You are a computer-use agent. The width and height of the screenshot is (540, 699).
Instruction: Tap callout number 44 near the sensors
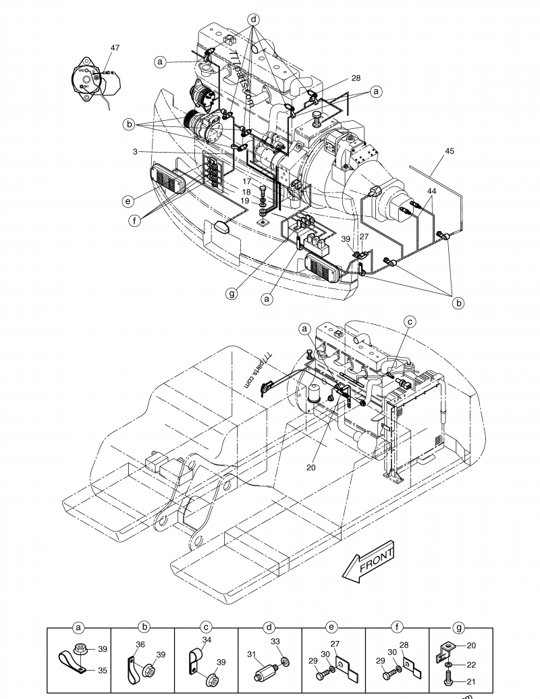(x=431, y=192)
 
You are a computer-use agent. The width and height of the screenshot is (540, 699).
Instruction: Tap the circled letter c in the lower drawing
(x=410, y=323)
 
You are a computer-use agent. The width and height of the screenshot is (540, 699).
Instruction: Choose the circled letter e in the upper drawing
(x=128, y=201)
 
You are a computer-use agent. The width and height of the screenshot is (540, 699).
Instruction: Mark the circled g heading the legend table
(x=460, y=627)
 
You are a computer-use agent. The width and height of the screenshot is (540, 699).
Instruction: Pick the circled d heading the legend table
(x=269, y=627)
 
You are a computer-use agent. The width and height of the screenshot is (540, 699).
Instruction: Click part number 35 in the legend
(x=101, y=671)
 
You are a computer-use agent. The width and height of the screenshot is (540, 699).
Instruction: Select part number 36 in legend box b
(x=140, y=644)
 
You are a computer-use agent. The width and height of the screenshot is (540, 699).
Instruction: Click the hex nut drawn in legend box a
(x=78, y=650)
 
